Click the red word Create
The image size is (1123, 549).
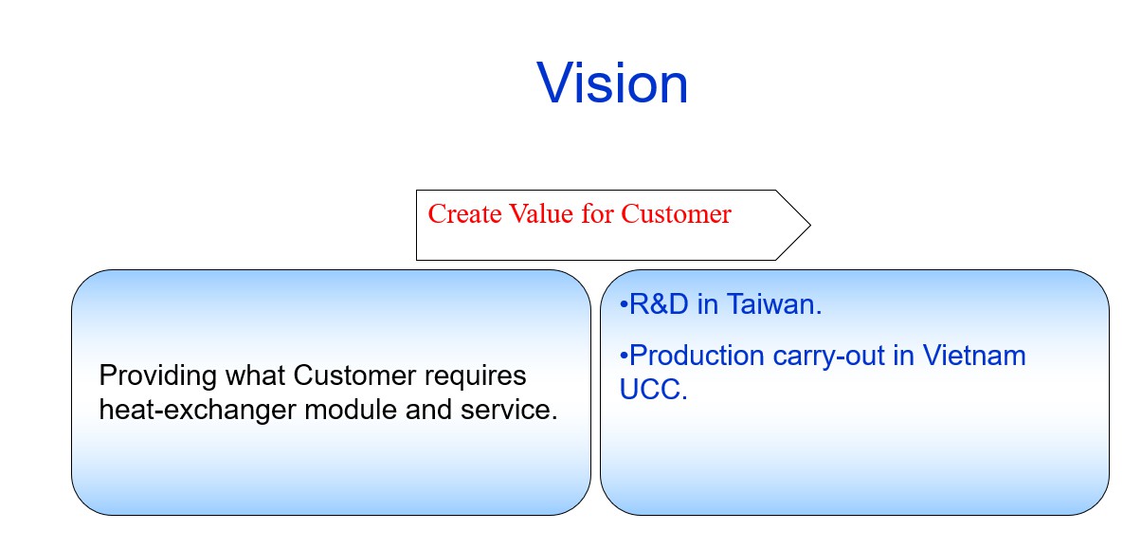(x=462, y=214)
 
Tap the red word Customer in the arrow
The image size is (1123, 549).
(x=676, y=214)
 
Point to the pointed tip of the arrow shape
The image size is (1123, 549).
(x=809, y=225)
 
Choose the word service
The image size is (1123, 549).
(x=508, y=411)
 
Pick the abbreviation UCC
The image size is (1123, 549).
(x=652, y=391)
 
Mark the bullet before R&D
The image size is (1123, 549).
(x=624, y=305)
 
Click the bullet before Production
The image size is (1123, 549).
(x=624, y=357)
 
